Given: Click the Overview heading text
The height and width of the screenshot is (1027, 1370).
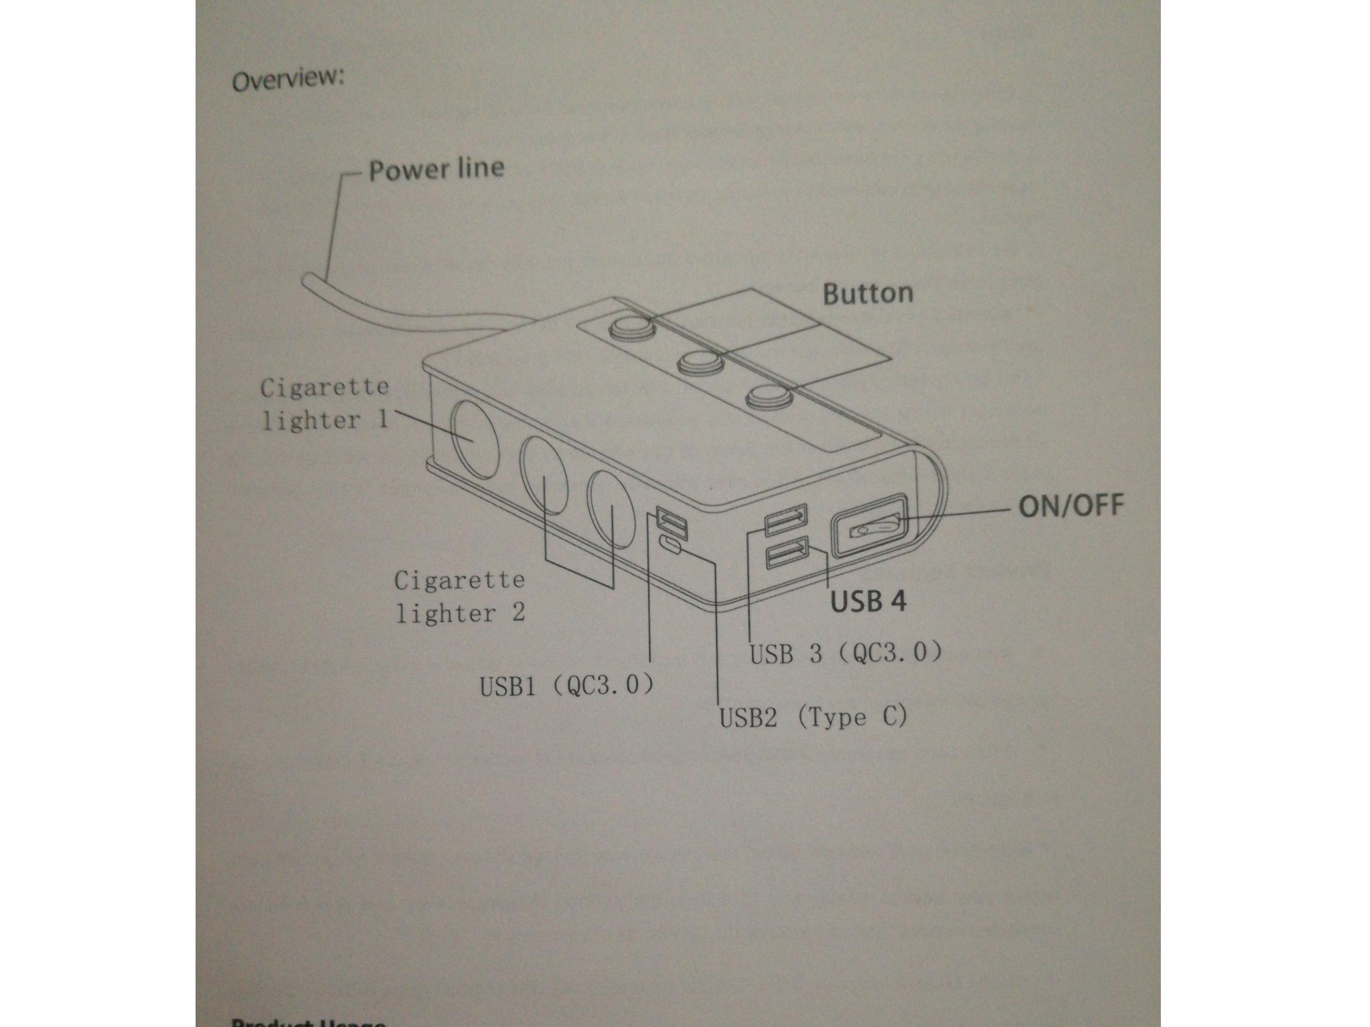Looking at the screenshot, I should click(x=288, y=80).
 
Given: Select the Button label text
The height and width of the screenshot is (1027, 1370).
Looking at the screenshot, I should click(x=867, y=293).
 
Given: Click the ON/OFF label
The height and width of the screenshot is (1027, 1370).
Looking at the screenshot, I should click(x=1070, y=506).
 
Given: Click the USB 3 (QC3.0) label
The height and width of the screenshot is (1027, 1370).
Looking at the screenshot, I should click(x=846, y=653).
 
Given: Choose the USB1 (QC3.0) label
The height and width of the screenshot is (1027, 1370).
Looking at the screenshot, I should click(x=566, y=686).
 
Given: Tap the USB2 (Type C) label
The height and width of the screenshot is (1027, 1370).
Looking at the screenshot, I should click(x=812, y=718).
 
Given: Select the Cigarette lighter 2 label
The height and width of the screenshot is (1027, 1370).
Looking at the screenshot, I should click(x=460, y=597).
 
